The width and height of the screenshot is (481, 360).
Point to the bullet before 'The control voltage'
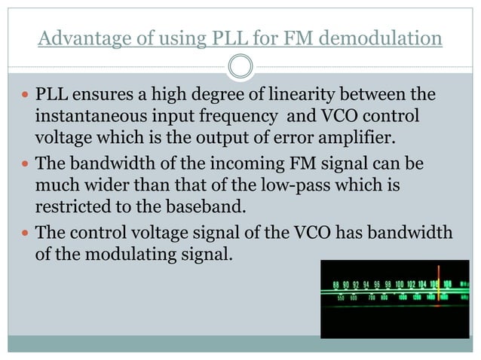pos(25,233)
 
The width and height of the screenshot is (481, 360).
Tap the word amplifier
pos(334,140)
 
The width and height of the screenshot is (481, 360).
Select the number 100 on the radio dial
pos(400,285)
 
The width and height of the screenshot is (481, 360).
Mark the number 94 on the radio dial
pos(366,285)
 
